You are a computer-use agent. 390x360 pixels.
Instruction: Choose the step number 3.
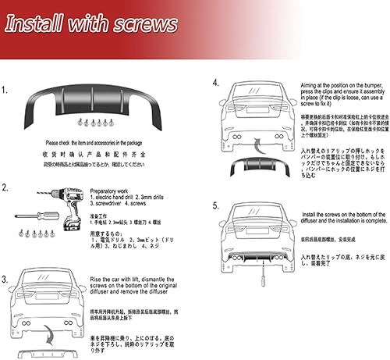click(5, 278)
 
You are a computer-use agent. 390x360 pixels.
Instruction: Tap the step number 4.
click(214, 81)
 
